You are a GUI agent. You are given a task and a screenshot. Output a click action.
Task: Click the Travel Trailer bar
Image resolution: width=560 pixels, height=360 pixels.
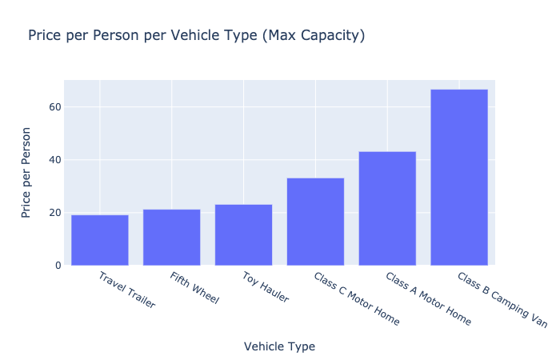coord(100,240)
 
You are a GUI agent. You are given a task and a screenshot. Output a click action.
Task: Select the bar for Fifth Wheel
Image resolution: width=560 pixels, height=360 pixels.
coord(171,237)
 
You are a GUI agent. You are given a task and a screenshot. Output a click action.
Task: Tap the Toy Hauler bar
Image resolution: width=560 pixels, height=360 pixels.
coord(243,234)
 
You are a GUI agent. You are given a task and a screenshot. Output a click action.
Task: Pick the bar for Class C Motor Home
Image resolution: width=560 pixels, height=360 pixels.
coord(315,222)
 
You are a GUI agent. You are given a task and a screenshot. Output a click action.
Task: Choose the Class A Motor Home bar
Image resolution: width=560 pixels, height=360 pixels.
coord(387,208)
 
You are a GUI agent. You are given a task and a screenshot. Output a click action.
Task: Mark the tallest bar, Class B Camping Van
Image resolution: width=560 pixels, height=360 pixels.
coord(458,177)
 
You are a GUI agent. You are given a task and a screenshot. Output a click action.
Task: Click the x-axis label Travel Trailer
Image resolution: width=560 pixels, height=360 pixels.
coord(126,290)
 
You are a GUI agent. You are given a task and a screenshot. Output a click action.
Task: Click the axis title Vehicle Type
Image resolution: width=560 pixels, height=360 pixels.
coord(279,346)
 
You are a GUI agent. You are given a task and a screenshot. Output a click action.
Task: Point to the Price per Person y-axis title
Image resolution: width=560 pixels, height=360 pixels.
coord(27,172)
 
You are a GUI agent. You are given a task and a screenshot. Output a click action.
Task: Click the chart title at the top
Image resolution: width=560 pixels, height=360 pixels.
coord(196,36)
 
